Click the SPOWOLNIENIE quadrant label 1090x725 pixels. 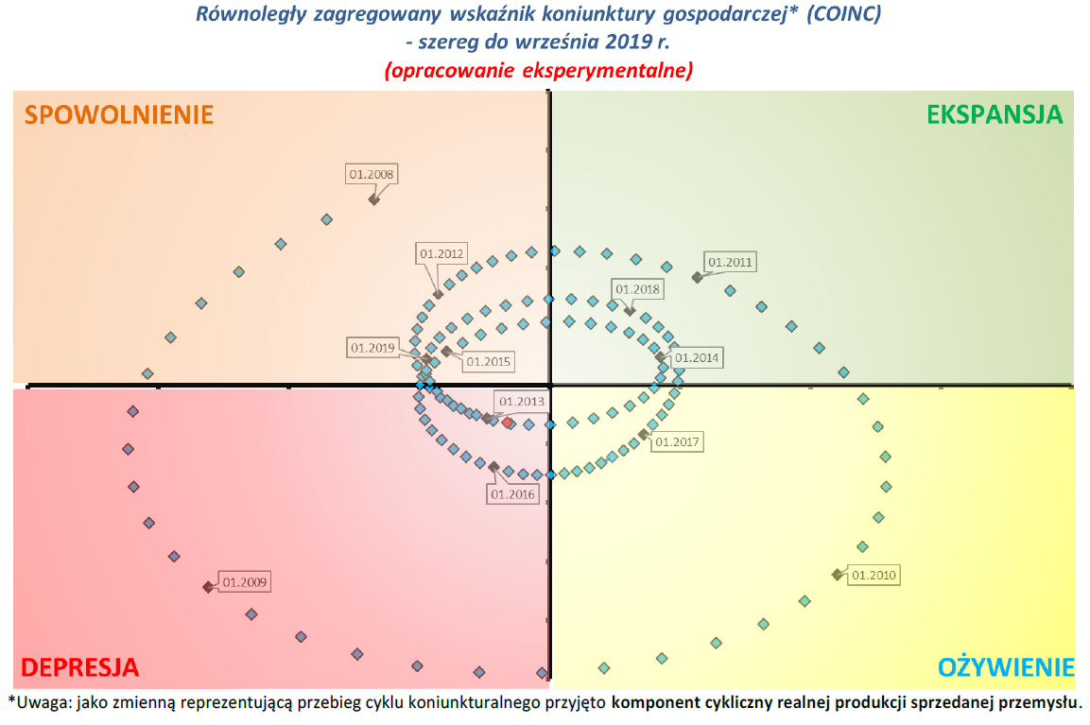[x=119, y=114]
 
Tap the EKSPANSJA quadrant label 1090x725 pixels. [x=995, y=114]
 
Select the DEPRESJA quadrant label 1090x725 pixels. [x=79, y=667]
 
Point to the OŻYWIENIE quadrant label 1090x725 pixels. [x=1006, y=667]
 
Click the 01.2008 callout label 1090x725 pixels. [x=372, y=174]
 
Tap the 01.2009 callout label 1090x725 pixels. [x=244, y=581]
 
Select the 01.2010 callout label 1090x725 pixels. [x=874, y=574]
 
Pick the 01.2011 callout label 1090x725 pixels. [x=731, y=262]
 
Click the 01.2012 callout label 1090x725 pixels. [x=441, y=253]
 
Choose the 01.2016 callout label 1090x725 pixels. [x=513, y=493]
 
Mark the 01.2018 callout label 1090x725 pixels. [x=637, y=289]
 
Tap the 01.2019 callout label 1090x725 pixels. [x=372, y=348]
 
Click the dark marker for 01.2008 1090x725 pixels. [x=373, y=199]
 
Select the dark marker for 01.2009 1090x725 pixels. [x=208, y=587]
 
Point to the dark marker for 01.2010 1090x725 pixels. [x=837, y=575]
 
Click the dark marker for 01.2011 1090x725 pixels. [x=697, y=277]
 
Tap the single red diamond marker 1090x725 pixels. [x=508, y=423]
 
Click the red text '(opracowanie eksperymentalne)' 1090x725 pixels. [x=539, y=70]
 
